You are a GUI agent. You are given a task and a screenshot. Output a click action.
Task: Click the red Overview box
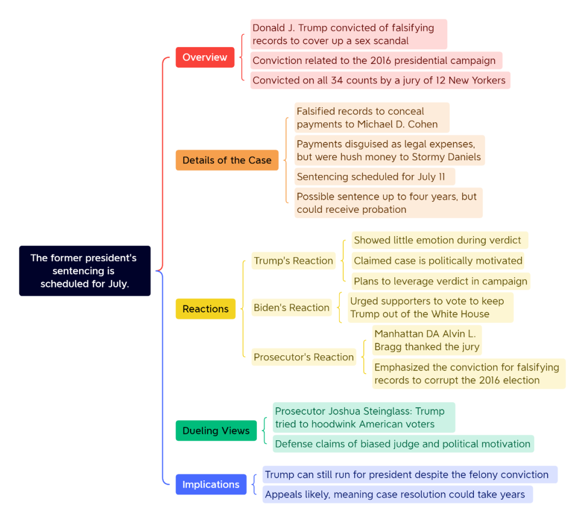[205, 57]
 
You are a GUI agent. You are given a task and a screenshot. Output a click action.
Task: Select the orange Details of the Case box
[227, 160]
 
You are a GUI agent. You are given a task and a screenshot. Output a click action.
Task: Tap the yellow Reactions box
[206, 309]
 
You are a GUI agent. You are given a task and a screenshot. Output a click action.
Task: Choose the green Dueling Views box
[216, 430]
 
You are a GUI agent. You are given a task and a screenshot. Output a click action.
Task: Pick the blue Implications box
[211, 484]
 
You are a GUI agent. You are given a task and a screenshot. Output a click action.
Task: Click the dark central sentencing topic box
[84, 271]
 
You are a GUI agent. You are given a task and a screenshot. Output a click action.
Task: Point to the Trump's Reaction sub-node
[293, 260]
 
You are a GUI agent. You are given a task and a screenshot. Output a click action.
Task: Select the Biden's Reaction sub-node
[291, 308]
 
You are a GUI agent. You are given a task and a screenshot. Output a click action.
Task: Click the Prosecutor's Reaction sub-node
[304, 357]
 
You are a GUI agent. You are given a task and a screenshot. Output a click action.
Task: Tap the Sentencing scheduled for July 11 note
[375, 177]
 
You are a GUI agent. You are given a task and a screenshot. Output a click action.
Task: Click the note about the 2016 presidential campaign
[376, 61]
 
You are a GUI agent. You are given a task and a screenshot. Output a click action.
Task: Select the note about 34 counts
[380, 80]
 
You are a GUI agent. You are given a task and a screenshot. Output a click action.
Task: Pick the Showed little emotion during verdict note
[439, 240]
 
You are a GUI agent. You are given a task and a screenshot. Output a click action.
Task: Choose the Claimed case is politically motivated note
[438, 260]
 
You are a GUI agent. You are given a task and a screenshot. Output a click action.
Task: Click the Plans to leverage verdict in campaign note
[440, 281]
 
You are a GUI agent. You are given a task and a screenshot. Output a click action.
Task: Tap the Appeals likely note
[398, 494]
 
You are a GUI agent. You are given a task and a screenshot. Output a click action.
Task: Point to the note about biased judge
[404, 443]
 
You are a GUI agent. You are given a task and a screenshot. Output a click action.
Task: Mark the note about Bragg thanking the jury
[427, 341]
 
